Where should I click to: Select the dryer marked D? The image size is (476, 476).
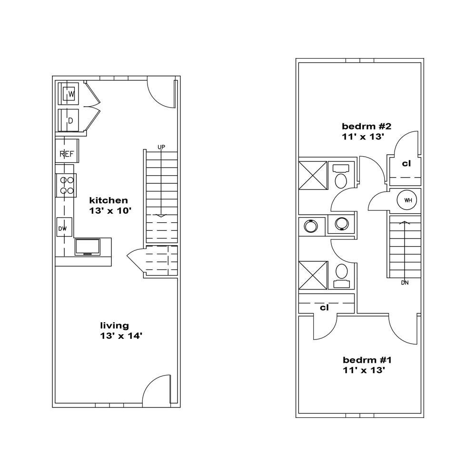point(68,120)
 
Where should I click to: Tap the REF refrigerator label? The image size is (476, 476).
point(67,154)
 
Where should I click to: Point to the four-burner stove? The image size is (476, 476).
point(66,185)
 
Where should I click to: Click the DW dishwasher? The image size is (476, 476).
point(64,227)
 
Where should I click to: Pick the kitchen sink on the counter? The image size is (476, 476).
point(88,247)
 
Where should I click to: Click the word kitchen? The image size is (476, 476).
point(109,200)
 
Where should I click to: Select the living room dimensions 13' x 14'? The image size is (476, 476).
point(121,336)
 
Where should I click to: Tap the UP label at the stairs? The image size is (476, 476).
point(161,147)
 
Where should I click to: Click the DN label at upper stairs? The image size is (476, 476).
point(405,283)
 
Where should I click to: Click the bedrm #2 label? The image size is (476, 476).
point(367,126)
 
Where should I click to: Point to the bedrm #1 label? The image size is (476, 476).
point(367,360)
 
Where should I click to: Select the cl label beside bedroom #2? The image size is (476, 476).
point(406,164)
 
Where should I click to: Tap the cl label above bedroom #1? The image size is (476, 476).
point(324,308)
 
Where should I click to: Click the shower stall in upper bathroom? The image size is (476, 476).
point(313,176)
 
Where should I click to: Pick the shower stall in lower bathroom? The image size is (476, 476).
point(313,275)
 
